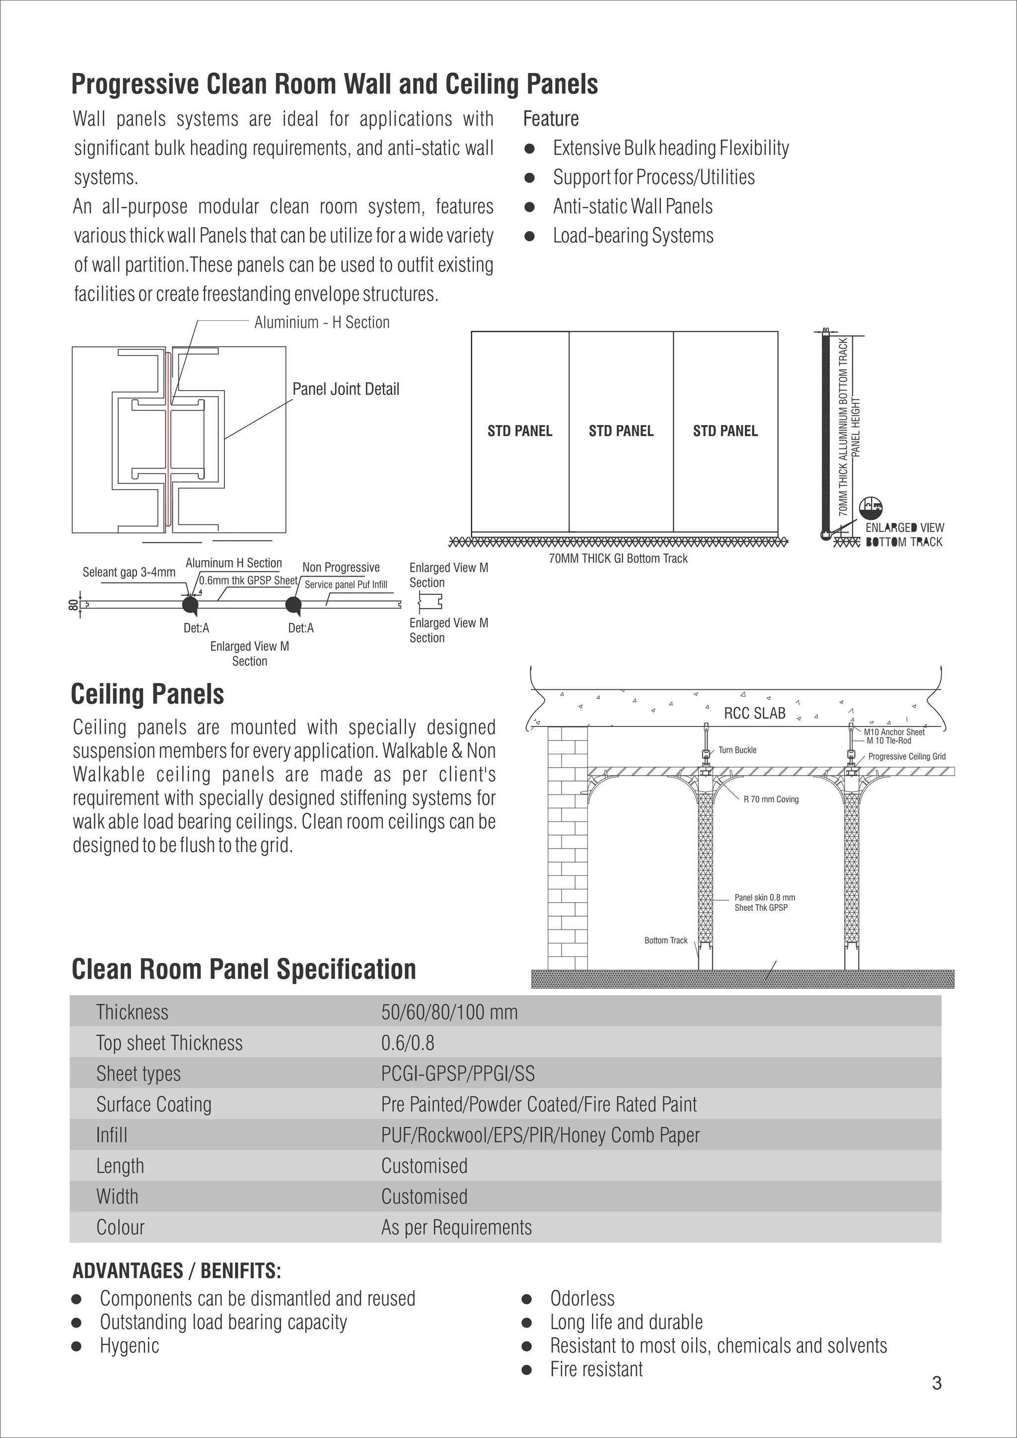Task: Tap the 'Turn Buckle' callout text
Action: pos(737,750)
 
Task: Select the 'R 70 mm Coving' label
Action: pos(771,799)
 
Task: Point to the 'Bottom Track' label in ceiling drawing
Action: pos(666,940)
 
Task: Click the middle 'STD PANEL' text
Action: pos(621,431)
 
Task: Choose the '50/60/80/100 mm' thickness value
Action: pos(449,1012)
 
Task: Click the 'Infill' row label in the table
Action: pos(111,1135)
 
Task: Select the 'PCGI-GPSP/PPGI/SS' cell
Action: pos(458,1074)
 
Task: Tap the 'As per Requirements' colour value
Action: pos(456,1227)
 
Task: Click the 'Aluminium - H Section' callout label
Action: pos(322,323)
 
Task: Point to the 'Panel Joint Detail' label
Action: pos(346,389)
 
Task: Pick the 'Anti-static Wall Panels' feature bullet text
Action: pos(633,207)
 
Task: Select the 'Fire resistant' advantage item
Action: pos(596,1369)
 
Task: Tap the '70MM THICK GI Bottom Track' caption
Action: pos(618,559)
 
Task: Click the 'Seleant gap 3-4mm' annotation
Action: pos(129,572)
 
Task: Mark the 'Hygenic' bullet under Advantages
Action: pos(130,1345)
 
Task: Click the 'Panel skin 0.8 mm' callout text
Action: pos(765,897)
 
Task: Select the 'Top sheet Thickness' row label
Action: pos(169,1043)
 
